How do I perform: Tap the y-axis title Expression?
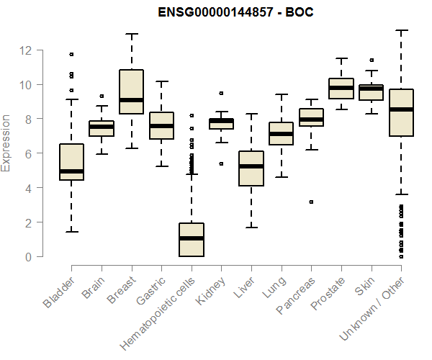[7, 143]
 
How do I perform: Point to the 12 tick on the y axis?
[26, 50]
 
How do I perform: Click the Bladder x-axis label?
[58, 292]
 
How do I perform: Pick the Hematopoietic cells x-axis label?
[154, 312]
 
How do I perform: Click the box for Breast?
[131, 91]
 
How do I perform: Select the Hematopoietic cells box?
[191, 240]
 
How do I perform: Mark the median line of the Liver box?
[251, 166]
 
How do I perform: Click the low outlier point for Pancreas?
[311, 202]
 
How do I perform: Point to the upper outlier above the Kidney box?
[221, 93]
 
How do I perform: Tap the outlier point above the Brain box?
[102, 96]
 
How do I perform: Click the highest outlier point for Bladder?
[71, 54]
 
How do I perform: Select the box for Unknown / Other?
[400, 112]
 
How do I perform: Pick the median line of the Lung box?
[281, 134]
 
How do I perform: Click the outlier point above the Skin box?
[371, 60]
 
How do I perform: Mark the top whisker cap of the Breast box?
[131, 34]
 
